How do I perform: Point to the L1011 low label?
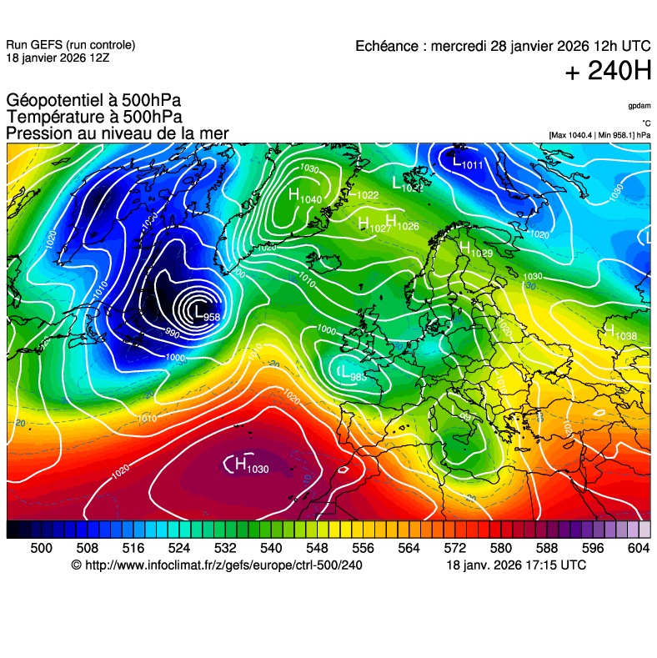click(x=467, y=163)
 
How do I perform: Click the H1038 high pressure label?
click(x=621, y=334)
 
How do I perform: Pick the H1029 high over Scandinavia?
click(x=476, y=249)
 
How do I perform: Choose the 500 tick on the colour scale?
click(x=41, y=547)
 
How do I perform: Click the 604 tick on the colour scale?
click(x=638, y=547)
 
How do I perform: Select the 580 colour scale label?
click(x=500, y=547)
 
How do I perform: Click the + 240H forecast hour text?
click(x=608, y=72)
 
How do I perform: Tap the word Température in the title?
click(x=53, y=118)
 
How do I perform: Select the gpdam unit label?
click(x=639, y=107)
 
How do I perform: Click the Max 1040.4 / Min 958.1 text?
click(x=599, y=134)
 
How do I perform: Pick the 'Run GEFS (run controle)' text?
click(x=70, y=45)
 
